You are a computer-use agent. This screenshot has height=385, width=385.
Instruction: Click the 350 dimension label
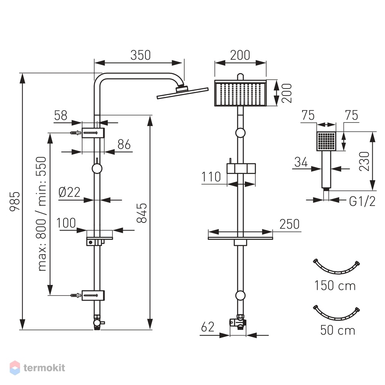pos(141,55)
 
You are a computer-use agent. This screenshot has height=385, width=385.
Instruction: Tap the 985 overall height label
pos(15,201)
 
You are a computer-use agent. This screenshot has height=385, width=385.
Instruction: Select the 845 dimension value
pos(142,213)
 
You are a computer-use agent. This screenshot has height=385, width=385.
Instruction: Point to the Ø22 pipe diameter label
pos(69,192)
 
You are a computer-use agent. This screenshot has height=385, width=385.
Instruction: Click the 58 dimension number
pos(61,115)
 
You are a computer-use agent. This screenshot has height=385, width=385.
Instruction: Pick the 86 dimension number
pos(124,144)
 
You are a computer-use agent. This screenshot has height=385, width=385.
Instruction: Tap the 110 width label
pos(211,177)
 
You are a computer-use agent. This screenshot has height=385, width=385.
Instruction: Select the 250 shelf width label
pos(290,224)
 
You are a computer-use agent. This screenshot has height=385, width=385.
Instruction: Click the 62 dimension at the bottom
pos(208,327)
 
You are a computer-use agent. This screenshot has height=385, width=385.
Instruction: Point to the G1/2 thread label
pos(362,202)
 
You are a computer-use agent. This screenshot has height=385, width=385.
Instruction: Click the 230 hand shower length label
pos(364,161)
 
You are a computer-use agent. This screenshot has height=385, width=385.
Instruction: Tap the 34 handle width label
pos(301,162)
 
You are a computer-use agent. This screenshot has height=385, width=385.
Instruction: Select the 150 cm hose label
pos(335,286)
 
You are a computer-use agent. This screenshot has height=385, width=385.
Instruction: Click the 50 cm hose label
pos(338,330)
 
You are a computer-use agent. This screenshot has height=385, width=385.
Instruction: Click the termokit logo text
pos(44,368)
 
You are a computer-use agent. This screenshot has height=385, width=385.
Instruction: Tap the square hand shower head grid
pos(326,141)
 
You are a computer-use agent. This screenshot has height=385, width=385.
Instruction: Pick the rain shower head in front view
pos(240,93)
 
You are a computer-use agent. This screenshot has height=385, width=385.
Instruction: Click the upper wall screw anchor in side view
pos(75,133)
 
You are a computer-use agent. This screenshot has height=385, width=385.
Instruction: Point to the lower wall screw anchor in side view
pos(75,295)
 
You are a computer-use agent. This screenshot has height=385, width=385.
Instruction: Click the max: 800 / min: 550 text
pos(42,214)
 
